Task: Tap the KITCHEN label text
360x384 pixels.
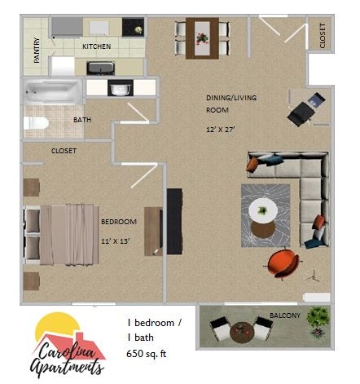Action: (97, 47)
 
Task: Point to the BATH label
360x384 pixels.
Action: (82, 120)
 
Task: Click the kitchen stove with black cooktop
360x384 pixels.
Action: (133, 26)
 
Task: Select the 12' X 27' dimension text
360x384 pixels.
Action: (223, 129)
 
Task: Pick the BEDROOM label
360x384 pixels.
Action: (118, 222)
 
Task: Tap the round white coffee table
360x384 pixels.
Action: (263, 209)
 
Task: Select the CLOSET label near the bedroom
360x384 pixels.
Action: (64, 151)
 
